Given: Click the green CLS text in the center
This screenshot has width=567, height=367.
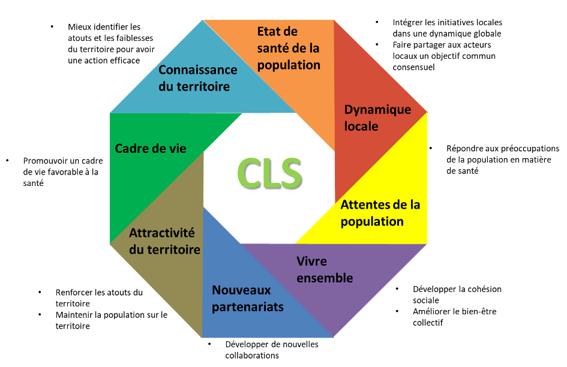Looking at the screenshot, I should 269,173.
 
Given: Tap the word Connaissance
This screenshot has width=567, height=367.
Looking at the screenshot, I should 197,70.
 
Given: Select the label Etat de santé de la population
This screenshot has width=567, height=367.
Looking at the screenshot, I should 289,48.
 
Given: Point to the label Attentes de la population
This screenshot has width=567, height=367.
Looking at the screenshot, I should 380,213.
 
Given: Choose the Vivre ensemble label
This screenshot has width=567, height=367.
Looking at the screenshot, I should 325,270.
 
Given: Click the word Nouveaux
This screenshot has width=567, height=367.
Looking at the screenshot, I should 241,290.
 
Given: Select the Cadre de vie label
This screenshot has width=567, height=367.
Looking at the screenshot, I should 151,148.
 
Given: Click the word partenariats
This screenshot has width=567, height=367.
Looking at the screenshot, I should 247,307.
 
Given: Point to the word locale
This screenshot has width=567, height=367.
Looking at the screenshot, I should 361,127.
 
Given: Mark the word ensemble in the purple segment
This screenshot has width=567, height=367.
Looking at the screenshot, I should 325,278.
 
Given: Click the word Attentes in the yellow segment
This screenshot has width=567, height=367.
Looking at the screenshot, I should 365,204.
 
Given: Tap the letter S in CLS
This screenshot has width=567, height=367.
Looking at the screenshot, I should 289,173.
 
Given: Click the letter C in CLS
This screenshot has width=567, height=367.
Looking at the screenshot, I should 246,173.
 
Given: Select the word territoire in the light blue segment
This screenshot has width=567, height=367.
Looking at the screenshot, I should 203,86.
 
